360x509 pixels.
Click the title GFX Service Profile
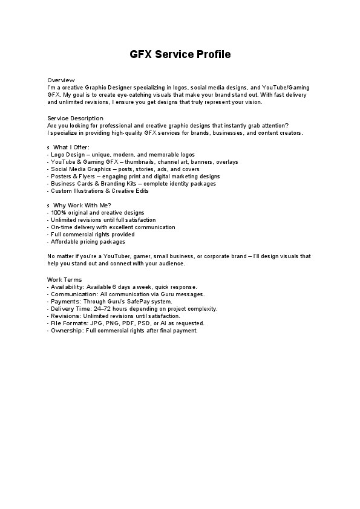180,54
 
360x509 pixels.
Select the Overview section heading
61,80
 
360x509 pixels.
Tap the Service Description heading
75,118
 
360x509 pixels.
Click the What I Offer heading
71,148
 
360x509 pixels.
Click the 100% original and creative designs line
96,213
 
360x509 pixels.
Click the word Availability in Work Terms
67,287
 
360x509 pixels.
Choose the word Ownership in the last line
67,330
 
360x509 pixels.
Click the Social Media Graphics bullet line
125,169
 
